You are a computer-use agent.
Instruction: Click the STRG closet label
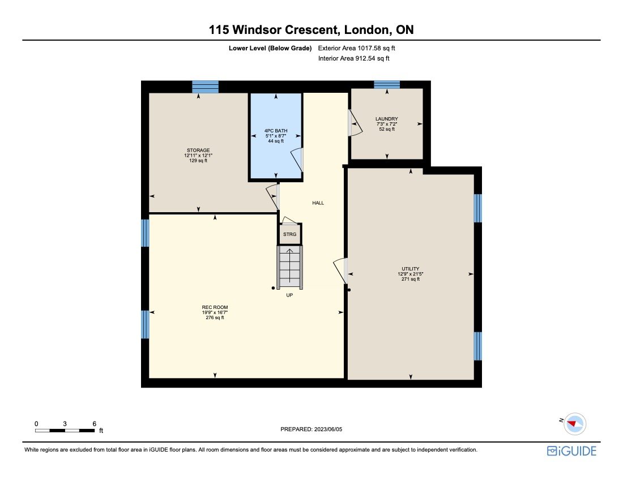(x=289, y=234)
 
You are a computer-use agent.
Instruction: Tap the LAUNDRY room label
(x=387, y=119)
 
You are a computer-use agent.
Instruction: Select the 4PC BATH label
(x=276, y=131)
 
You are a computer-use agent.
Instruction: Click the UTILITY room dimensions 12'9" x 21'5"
(x=410, y=274)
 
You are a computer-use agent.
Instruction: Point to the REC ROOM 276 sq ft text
(x=215, y=317)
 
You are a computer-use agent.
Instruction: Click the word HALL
(x=318, y=203)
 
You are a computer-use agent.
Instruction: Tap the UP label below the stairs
(x=289, y=295)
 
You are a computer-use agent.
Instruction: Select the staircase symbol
(x=289, y=267)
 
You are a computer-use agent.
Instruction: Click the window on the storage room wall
(x=205, y=87)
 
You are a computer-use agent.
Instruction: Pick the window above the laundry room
(x=387, y=84)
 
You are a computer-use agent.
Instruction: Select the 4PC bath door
(x=297, y=159)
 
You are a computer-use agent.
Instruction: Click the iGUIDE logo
(x=571, y=450)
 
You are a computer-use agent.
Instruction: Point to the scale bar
(x=65, y=430)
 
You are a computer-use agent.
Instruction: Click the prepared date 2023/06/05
(x=311, y=430)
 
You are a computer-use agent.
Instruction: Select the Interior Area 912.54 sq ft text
(x=354, y=58)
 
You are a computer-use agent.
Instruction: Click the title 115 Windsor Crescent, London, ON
(x=311, y=29)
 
